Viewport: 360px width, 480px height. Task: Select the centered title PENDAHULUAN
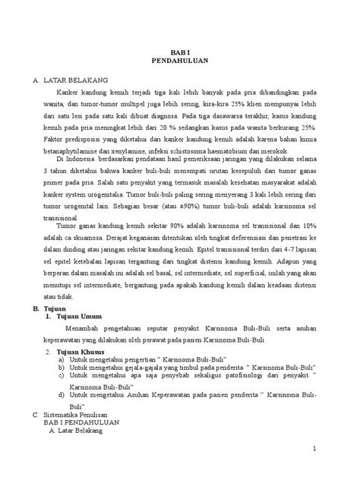tap(180, 59)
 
